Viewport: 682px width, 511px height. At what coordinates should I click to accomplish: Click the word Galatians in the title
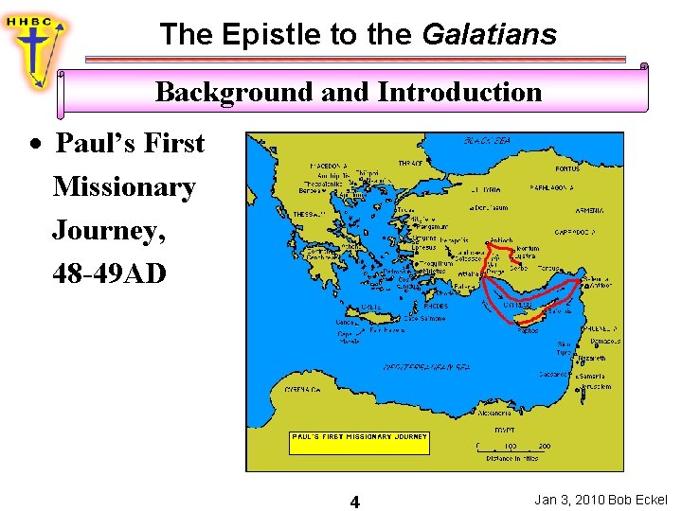(x=489, y=35)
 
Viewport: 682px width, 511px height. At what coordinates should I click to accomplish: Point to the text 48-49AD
(x=109, y=273)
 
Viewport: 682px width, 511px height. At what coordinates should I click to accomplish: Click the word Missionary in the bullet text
(x=124, y=186)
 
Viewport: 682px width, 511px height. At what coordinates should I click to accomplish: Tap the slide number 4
(x=354, y=502)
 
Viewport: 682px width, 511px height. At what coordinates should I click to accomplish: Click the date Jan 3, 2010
(x=569, y=500)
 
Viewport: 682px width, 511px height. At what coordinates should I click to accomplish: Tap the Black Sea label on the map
(x=487, y=141)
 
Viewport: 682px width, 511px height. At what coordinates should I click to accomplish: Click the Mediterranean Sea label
(x=426, y=366)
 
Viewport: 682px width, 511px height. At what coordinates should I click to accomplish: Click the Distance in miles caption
(x=512, y=458)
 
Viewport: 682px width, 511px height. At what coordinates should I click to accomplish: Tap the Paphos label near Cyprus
(x=528, y=330)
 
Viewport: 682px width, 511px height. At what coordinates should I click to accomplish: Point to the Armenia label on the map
(x=589, y=210)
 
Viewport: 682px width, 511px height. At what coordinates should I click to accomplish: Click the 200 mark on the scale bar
(x=545, y=446)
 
